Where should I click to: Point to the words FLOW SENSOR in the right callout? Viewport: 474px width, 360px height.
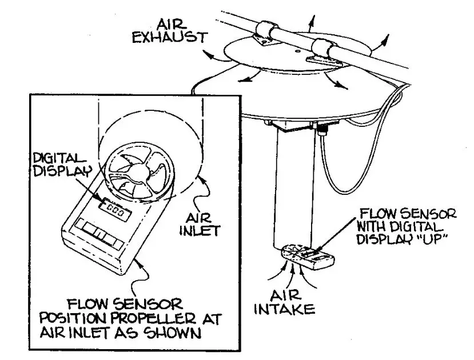point(407,214)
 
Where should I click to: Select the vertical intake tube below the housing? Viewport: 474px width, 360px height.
point(295,189)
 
